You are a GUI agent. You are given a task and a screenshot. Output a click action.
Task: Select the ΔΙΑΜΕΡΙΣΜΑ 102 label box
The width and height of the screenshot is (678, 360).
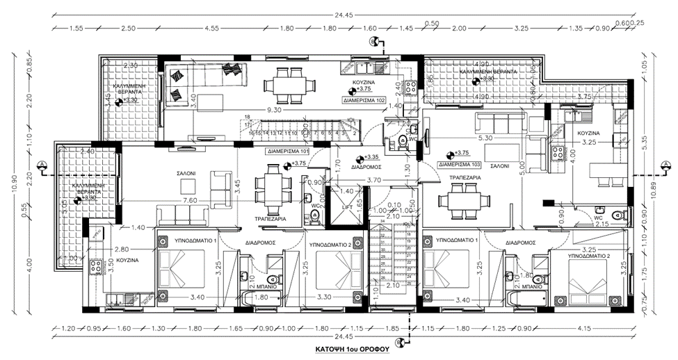(x=364, y=100)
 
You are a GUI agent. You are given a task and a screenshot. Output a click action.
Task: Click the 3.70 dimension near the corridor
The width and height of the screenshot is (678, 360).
(x=375, y=181)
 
